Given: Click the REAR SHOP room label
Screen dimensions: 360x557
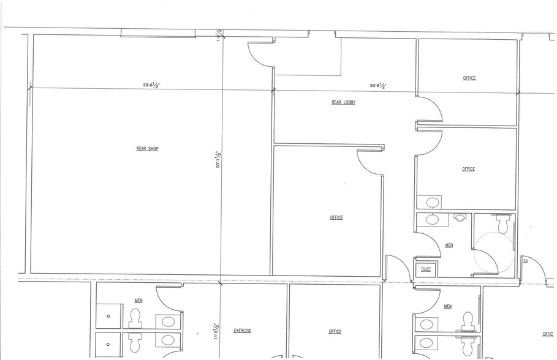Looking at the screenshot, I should [147, 148].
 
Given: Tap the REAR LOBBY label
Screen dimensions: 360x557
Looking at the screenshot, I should [343, 103].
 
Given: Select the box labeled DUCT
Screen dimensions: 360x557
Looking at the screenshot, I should [426, 269].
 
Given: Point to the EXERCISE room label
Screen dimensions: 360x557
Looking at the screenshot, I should [243, 331].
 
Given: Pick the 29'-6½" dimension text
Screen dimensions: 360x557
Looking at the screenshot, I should [151, 86].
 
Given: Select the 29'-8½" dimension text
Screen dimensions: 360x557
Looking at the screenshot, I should [377, 86].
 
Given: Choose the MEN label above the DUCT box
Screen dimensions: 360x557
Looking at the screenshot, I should [449, 246].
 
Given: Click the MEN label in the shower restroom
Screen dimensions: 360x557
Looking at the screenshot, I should [138, 301].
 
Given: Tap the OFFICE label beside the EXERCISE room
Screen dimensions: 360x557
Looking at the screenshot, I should [335, 332].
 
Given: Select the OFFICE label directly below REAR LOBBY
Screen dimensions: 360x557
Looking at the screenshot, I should [336, 217].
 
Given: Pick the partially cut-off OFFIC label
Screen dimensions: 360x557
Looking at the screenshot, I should [547, 334].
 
